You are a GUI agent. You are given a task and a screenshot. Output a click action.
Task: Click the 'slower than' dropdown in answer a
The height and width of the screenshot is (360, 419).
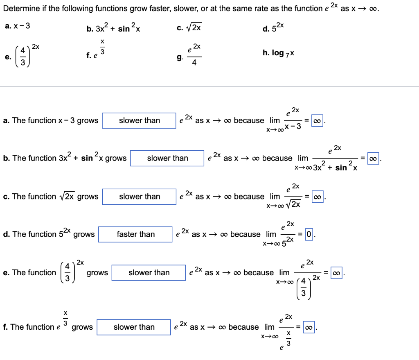(x=139, y=120)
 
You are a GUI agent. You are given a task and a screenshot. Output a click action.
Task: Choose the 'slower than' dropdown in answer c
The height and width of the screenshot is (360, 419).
(x=139, y=197)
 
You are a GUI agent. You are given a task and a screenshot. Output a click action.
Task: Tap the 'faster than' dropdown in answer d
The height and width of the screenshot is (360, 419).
(x=135, y=234)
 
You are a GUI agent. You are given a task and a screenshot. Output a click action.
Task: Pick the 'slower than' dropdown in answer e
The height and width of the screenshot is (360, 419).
(x=149, y=273)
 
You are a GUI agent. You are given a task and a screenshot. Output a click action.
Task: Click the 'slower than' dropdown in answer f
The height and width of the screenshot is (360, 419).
(x=134, y=327)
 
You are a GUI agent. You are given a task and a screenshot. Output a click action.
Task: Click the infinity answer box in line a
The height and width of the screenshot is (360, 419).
(x=318, y=121)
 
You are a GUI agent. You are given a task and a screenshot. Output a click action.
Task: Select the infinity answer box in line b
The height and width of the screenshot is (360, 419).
(x=373, y=158)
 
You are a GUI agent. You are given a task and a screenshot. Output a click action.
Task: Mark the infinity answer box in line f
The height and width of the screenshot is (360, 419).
(x=309, y=327)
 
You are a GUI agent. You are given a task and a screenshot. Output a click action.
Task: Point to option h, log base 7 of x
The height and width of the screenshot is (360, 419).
(x=278, y=53)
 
